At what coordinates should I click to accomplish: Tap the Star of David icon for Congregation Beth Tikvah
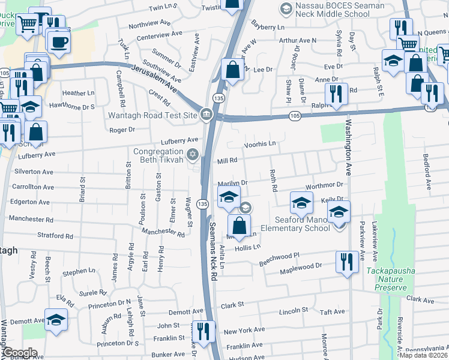click(x=192, y=155)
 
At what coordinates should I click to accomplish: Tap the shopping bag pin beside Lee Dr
click(x=232, y=70)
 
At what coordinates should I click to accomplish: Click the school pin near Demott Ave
click(x=56, y=320)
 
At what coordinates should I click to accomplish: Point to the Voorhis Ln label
click(x=259, y=144)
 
